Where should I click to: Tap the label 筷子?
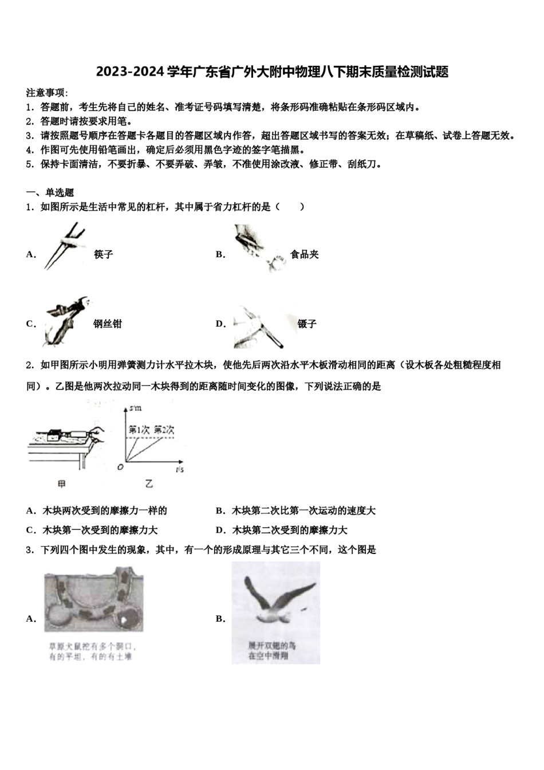click(x=104, y=254)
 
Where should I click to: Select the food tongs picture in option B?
click(x=258, y=248)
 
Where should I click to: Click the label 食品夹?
click(x=304, y=254)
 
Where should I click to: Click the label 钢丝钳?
click(x=108, y=324)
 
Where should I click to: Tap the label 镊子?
click(x=307, y=324)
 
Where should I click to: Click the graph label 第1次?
click(x=139, y=430)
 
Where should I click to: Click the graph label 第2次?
click(x=164, y=430)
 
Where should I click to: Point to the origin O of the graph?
click(x=120, y=467)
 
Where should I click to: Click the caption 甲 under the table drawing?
click(x=62, y=484)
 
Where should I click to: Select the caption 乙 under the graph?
click(x=149, y=484)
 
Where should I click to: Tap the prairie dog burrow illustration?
click(x=94, y=599)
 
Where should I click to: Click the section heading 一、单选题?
click(x=50, y=192)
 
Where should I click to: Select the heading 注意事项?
click(x=46, y=93)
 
